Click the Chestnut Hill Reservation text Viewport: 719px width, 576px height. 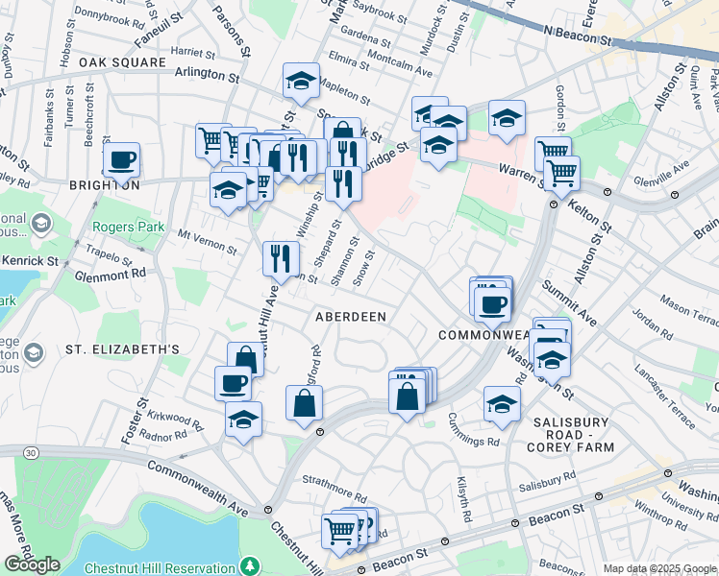click(159, 568)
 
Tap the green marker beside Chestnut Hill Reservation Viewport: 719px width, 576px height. click(250, 566)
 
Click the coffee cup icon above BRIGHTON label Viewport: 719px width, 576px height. click(121, 159)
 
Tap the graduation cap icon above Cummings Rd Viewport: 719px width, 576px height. click(502, 403)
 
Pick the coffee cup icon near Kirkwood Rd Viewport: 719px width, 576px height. click(233, 384)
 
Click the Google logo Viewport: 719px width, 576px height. click(32, 564)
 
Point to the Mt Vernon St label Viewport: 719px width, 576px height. click(207, 241)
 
